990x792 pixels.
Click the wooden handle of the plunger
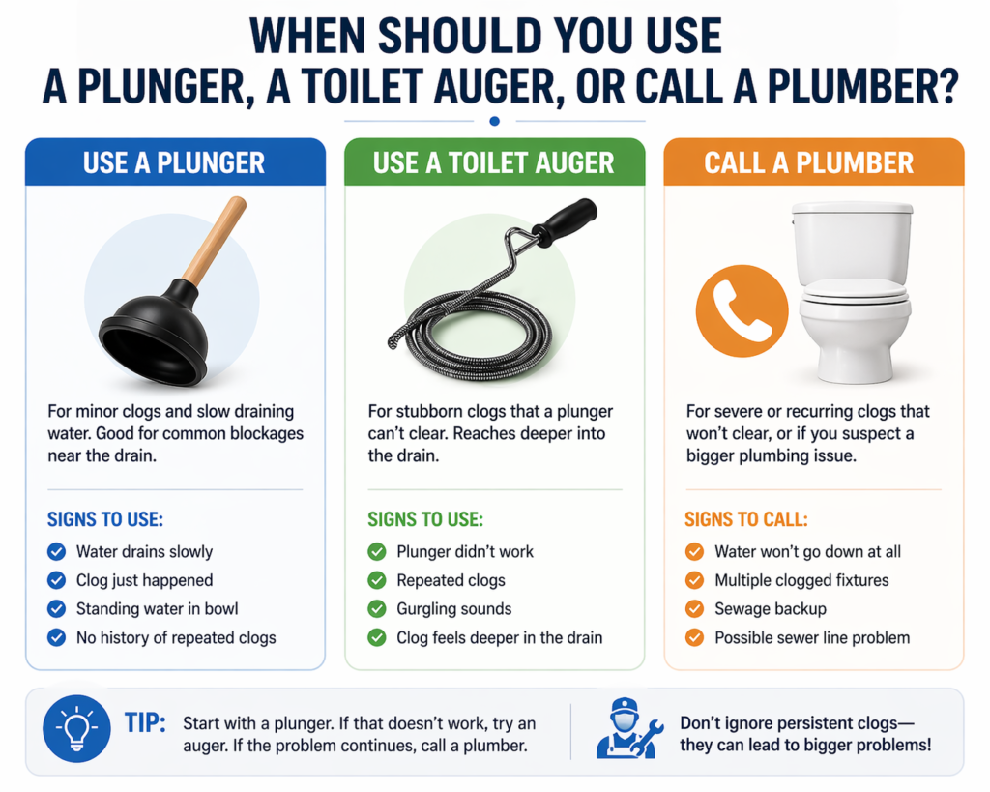point(214,242)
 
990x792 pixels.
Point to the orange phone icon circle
point(742,310)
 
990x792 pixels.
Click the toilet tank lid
point(853,208)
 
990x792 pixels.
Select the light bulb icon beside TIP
point(76,729)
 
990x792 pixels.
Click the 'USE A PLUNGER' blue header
point(175,162)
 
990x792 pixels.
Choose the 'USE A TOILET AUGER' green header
point(494,162)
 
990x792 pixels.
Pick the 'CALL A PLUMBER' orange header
point(814,162)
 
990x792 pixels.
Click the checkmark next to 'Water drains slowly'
point(57,552)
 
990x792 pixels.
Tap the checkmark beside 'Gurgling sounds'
point(377,609)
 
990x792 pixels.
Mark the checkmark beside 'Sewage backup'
point(694,609)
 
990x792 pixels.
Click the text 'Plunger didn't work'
point(465,552)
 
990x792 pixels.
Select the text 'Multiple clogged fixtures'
point(801,580)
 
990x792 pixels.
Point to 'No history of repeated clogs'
point(176,638)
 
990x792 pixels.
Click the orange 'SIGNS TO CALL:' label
point(745,519)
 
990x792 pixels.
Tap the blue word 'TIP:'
point(145,723)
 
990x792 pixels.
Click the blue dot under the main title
point(494,121)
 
